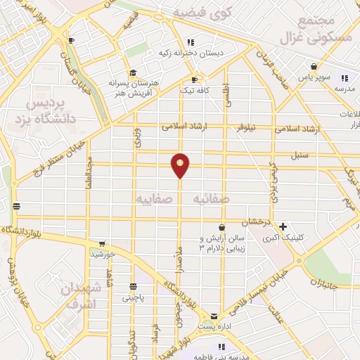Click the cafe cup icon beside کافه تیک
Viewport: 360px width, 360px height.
[195, 79]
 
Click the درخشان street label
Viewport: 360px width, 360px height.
[257, 222]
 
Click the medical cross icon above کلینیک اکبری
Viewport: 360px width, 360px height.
[283, 226]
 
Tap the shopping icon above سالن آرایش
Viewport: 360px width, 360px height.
[222, 227]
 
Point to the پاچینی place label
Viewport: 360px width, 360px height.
[133, 298]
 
